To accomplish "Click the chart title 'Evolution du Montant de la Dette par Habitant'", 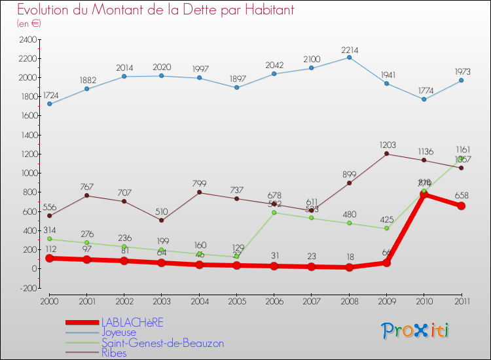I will (x=155, y=10).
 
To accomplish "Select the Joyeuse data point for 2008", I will (x=349, y=58).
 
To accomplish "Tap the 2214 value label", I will (x=349, y=50).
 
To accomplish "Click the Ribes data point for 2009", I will (x=386, y=154).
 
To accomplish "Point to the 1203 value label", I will (x=386, y=145).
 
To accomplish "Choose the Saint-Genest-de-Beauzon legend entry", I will (x=162, y=343).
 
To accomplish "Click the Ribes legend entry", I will (x=115, y=353).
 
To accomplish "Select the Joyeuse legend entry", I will (x=118, y=333).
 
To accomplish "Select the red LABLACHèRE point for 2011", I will (x=461, y=206).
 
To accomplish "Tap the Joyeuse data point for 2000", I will (x=50, y=104).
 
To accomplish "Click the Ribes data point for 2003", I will (x=162, y=220).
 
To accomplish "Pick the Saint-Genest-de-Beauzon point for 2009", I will (x=386, y=228).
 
